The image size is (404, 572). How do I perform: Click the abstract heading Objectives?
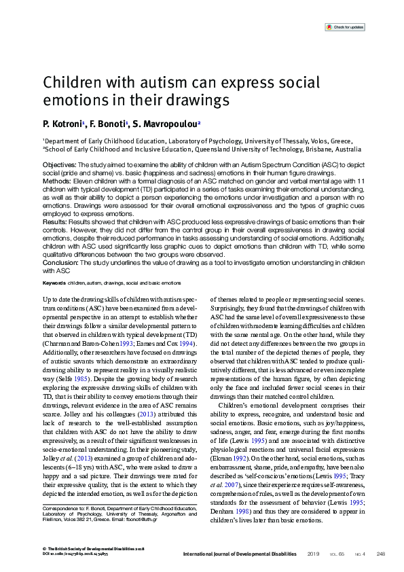click(x=60, y=165)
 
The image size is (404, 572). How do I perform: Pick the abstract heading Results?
click(x=55, y=221)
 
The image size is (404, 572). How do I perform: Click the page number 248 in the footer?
click(x=380, y=554)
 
